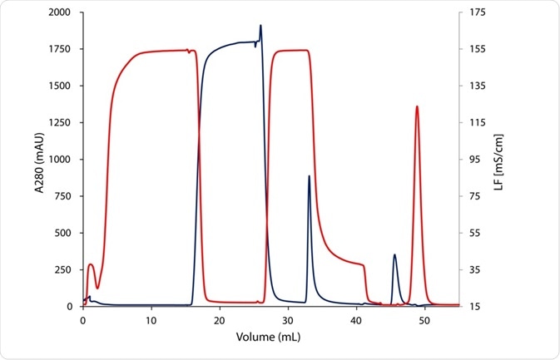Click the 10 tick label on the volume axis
click(x=151, y=320)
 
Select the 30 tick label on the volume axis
click(x=287, y=320)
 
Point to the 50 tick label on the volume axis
click(x=424, y=320)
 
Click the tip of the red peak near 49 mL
click(x=417, y=106)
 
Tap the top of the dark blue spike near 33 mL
click(x=309, y=176)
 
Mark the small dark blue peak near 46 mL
click(x=394, y=255)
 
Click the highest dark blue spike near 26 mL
click(x=260, y=26)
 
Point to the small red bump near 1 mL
click(x=91, y=264)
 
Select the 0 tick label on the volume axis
click(x=83, y=320)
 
